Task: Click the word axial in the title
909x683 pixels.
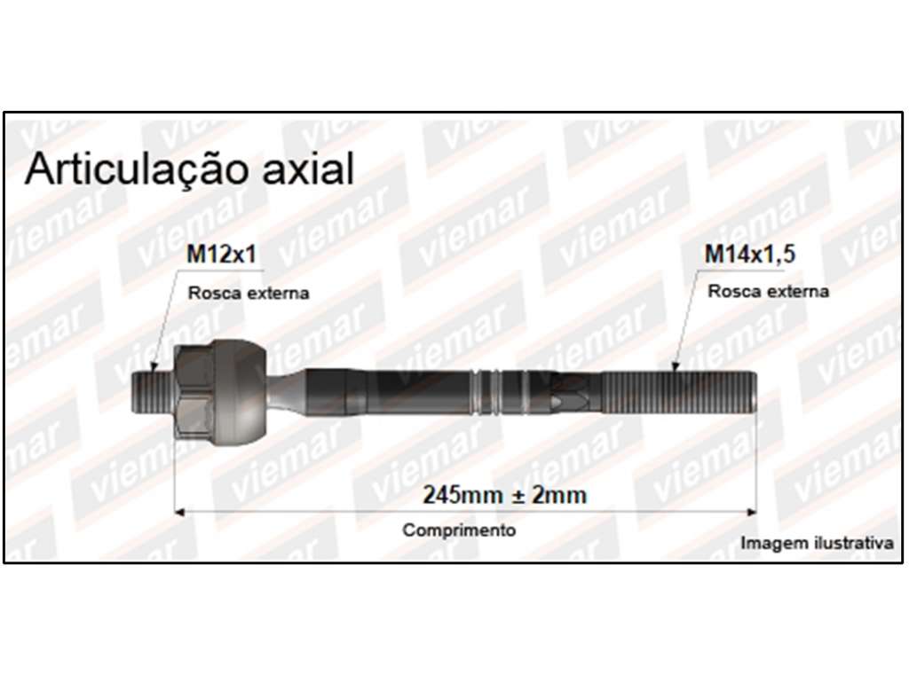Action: tap(308, 169)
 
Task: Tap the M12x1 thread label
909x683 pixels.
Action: tap(221, 254)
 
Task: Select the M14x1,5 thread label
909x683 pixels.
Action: tap(749, 254)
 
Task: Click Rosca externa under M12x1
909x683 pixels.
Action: tap(249, 293)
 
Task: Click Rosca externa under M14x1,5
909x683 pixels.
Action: tap(768, 291)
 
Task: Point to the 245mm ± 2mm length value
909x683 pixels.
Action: tap(504, 495)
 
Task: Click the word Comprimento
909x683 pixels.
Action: tap(459, 530)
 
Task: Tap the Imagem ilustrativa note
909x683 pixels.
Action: tap(817, 543)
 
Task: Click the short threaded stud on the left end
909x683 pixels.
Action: tap(153, 391)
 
